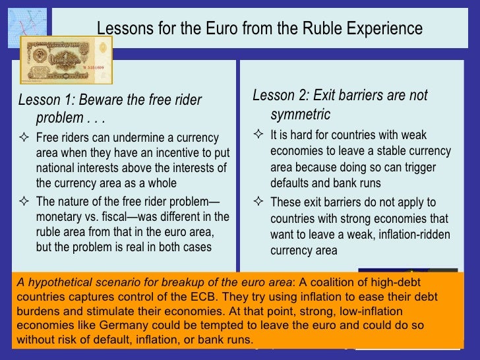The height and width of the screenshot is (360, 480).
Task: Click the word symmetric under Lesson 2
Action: (300, 115)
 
